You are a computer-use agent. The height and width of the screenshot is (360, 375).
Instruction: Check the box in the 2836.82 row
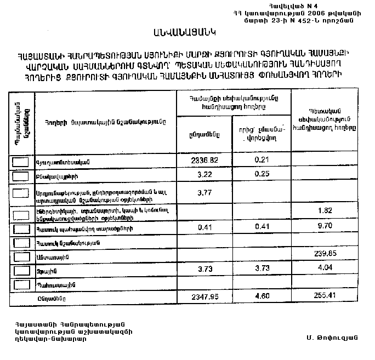coord(21,162)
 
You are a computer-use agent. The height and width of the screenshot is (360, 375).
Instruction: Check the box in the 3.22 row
coord(21,176)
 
